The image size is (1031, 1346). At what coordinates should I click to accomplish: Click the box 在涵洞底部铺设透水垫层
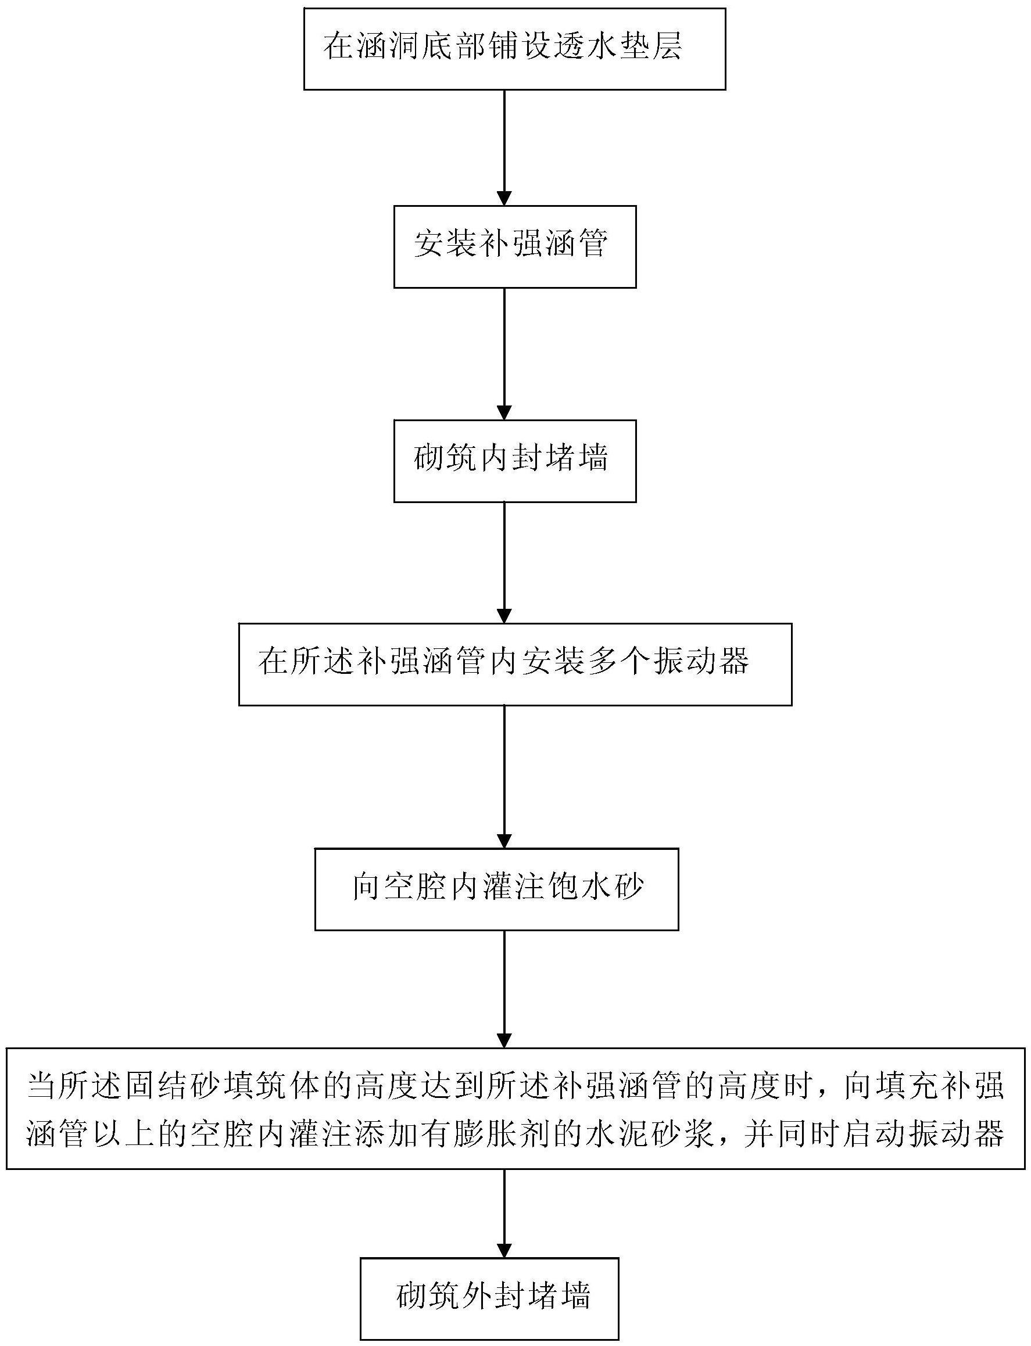pyautogui.click(x=514, y=49)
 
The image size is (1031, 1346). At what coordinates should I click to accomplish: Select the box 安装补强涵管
pyautogui.click(x=514, y=247)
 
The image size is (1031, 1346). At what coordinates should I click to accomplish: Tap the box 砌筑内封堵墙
pyautogui.click(x=514, y=461)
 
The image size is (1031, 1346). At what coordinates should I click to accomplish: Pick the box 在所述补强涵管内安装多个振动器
pyautogui.click(x=514, y=664)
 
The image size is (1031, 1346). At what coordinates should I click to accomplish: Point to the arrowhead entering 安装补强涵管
pyautogui.click(x=504, y=198)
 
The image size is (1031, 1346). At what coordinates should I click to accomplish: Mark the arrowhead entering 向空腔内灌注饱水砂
pyautogui.click(x=504, y=841)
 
